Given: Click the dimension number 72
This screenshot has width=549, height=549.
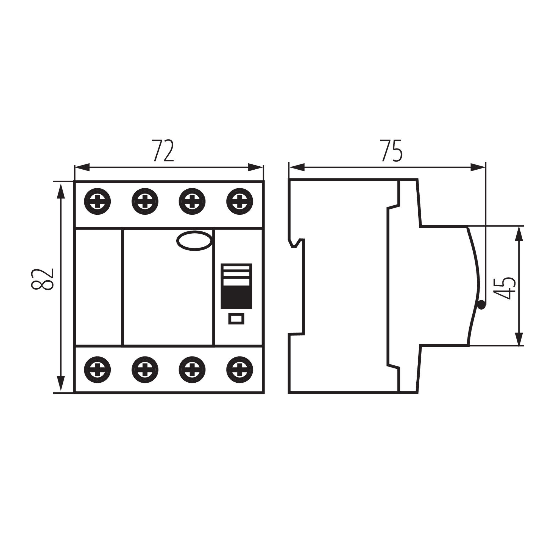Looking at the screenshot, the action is click(x=163, y=151).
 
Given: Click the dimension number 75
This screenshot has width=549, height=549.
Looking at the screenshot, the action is click(x=392, y=151).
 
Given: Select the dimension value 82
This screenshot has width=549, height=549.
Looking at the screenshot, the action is click(x=42, y=279).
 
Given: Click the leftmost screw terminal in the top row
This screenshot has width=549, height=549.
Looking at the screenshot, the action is click(x=97, y=201).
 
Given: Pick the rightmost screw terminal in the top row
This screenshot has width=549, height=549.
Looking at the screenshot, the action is click(x=240, y=201).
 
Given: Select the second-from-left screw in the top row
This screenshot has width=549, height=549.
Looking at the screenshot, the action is click(x=145, y=201).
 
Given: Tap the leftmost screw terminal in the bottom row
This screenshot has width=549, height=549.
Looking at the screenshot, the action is click(x=97, y=370).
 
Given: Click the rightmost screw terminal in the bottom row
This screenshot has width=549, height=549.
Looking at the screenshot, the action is click(x=240, y=370).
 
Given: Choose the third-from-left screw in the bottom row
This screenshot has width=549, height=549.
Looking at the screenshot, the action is click(x=192, y=370).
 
